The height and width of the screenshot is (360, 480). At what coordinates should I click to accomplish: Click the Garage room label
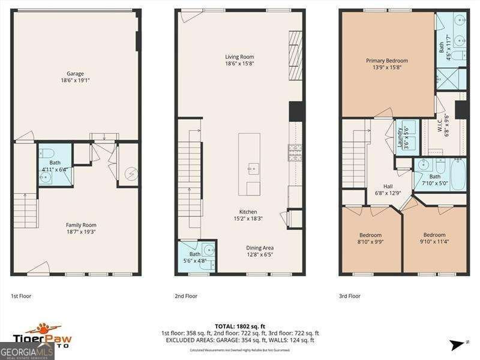75,77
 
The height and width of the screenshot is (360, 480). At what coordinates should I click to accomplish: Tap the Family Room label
81,229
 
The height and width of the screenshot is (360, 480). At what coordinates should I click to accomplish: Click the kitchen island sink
253,167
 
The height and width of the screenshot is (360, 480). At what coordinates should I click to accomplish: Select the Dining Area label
260,251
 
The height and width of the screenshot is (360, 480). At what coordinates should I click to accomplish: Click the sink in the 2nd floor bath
209,251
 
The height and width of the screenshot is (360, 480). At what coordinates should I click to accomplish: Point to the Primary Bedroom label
387,64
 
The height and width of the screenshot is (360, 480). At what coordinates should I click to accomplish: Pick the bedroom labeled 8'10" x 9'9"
370,238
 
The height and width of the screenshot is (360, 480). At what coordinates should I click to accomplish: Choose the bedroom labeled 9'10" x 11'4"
434,238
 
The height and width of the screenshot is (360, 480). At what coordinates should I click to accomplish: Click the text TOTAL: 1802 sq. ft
240,326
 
